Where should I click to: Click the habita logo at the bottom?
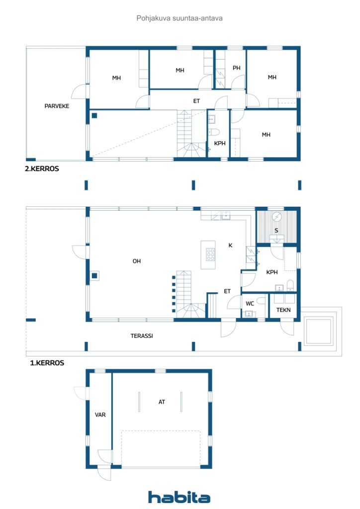click(179, 497)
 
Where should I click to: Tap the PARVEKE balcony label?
click(56, 106)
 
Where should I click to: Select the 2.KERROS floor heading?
click(42, 169)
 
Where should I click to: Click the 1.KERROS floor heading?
click(47, 363)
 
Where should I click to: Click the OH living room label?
click(136, 261)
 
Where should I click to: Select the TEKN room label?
click(283, 310)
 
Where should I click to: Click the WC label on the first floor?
click(250, 303)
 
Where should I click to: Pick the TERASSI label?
click(142, 336)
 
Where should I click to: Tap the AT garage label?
click(162, 402)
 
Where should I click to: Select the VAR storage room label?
click(100, 414)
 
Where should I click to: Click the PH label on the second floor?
click(236, 68)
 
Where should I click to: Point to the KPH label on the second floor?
click(219, 143)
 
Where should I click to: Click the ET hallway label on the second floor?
click(196, 101)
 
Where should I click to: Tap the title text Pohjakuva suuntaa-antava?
click(180, 18)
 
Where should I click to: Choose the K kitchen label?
click(230, 246)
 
